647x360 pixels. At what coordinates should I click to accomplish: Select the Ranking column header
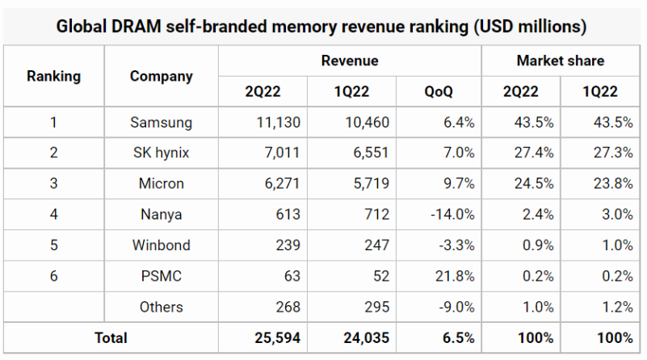click(54, 77)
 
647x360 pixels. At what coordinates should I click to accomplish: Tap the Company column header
click(162, 77)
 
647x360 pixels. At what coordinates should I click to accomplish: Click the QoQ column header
click(439, 91)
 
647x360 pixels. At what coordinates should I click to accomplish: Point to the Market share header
click(561, 61)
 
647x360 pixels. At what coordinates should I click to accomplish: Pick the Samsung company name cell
click(162, 123)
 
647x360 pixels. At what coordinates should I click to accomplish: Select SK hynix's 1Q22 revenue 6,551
click(368, 153)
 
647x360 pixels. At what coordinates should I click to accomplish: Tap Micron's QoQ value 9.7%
click(456, 183)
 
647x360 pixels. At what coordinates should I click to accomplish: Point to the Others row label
click(162, 307)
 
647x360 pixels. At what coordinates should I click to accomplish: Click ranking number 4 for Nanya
click(54, 214)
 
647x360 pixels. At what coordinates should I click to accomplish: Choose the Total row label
click(111, 337)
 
